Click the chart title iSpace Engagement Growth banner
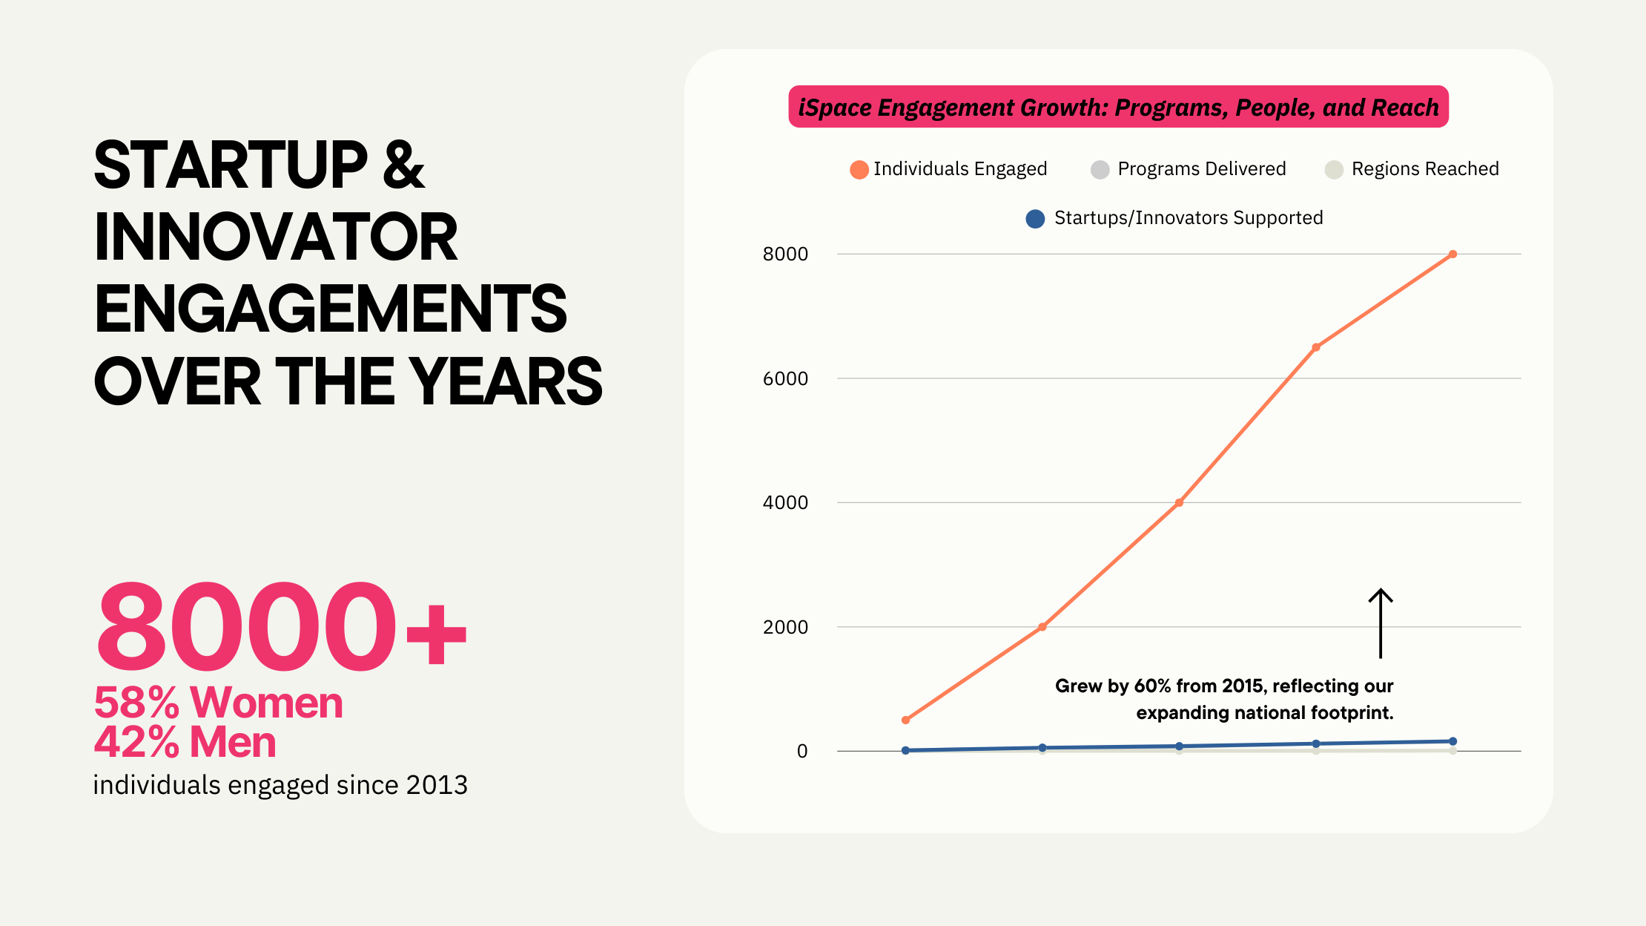(x=1118, y=107)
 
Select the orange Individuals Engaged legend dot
(x=859, y=170)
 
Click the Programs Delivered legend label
(x=1201, y=169)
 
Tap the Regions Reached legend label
(x=1424, y=169)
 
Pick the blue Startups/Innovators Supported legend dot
(x=1035, y=219)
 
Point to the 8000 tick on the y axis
(x=785, y=254)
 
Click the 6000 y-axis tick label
(x=785, y=378)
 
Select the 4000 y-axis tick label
(x=785, y=502)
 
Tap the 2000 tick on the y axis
(x=785, y=627)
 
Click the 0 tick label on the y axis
(x=802, y=751)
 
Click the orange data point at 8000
(x=1452, y=255)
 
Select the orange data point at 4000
(x=1179, y=503)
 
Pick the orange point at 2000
(x=1042, y=627)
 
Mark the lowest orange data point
(x=905, y=720)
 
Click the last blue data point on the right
(x=1452, y=741)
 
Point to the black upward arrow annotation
(x=1380, y=623)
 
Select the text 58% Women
(x=218, y=702)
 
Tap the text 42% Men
(x=185, y=741)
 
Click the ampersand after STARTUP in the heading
(x=404, y=165)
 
